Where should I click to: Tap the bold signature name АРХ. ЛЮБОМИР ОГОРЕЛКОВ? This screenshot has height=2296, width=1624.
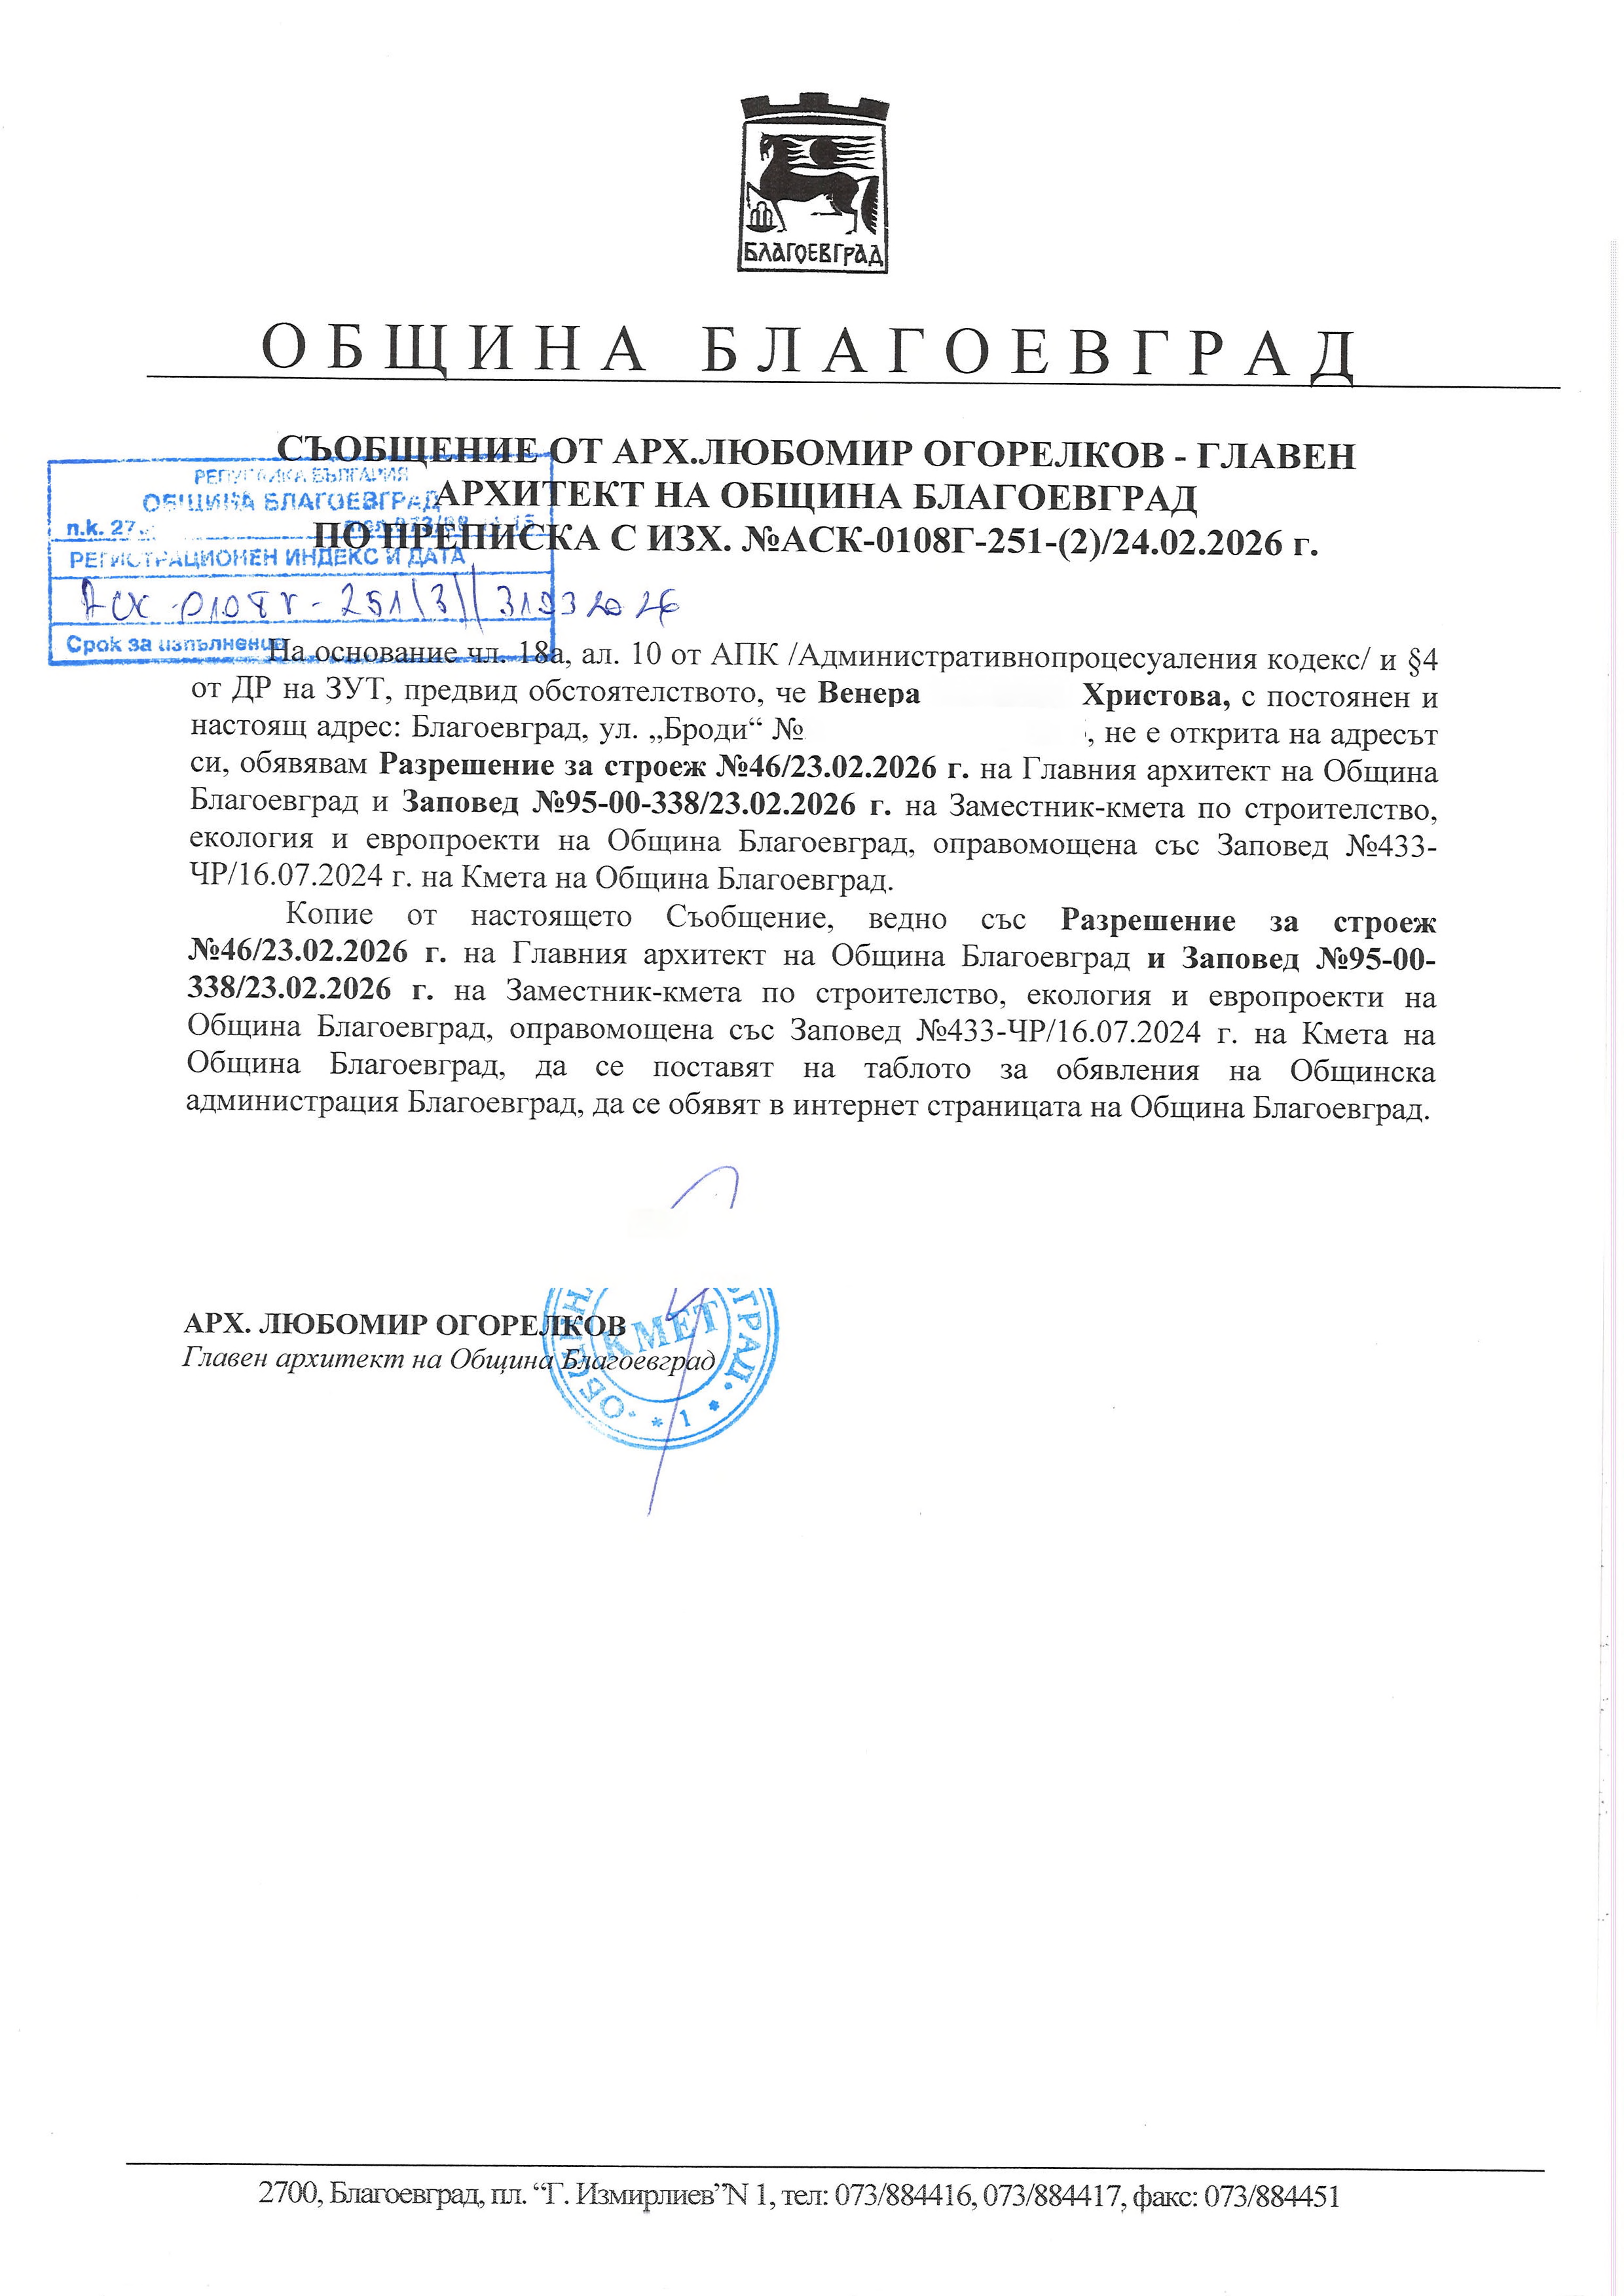(x=405, y=1325)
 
